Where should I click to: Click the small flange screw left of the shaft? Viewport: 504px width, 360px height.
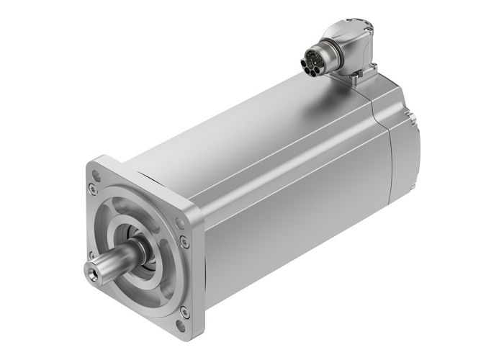coord(91,254)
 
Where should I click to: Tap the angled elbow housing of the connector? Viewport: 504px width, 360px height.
coord(353,47)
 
